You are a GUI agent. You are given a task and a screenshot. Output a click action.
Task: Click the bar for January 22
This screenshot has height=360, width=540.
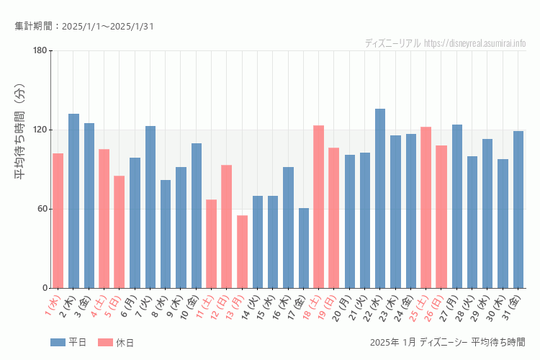click(x=380, y=198)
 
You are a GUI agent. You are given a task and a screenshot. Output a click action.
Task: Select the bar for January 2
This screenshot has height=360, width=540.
click(x=73, y=201)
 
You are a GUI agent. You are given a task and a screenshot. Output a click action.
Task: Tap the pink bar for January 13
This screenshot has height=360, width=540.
click(x=242, y=251)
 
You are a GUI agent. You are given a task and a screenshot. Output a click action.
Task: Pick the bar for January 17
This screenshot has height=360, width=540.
click(x=304, y=248)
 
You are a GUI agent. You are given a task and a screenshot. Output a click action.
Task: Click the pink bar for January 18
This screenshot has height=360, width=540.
click(x=319, y=207)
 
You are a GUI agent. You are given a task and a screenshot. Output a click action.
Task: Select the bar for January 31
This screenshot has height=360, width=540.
click(x=518, y=210)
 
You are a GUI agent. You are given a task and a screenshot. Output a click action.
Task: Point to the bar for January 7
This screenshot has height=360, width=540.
click(x=150, y=207)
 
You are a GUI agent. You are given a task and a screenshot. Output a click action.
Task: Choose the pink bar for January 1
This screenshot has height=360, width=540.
click(x=58, y=220)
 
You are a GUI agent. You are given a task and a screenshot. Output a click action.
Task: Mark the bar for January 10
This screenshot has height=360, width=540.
click(x=197, y=215)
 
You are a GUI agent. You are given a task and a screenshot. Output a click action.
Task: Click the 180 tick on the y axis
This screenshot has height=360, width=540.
click(x=40, y=50)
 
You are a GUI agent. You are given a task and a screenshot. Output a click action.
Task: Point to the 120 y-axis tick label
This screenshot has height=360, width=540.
click(x=40, y=130)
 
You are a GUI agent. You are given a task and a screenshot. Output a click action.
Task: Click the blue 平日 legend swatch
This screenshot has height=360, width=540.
click(x=58, y=342)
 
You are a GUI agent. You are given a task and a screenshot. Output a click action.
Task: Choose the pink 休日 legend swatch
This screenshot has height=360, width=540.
click(x=105, y=342)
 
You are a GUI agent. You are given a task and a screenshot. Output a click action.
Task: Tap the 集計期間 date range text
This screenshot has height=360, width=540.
click(x=84, y=27)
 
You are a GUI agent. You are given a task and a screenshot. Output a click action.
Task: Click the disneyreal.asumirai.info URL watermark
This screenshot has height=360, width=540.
click(x=474, y=43)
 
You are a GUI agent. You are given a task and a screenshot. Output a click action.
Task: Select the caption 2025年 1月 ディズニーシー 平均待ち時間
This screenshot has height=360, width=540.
click(x=446, y=342)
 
